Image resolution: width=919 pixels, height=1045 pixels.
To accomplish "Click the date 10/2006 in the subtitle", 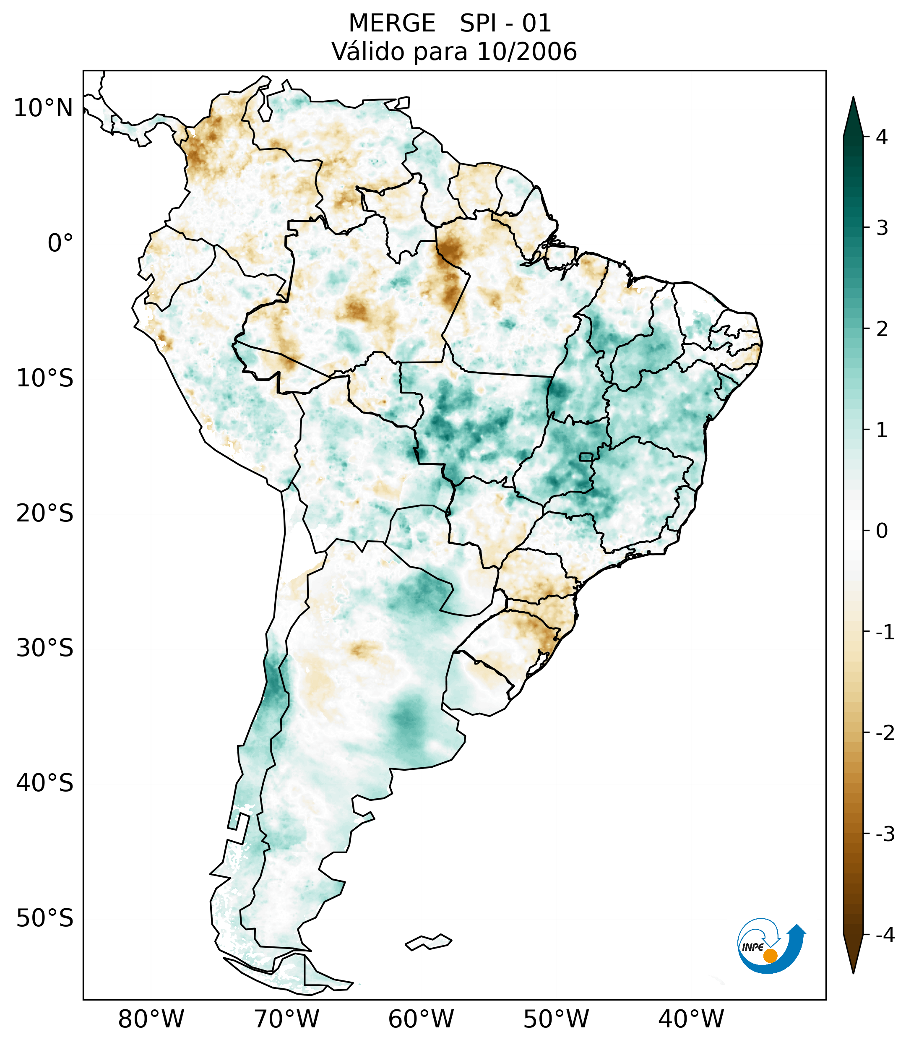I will (x=526, y=52).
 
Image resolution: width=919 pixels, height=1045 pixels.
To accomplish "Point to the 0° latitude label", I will (x=60, y=243).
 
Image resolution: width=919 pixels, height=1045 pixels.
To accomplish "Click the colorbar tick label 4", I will (x=882, y=137).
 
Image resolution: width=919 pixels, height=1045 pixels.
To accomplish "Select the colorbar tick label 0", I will (x=882, y=531).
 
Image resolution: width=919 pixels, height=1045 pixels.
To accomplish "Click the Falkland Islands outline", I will (x=428, y=942).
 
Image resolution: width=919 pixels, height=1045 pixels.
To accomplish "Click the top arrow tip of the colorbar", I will (x=853, y=98).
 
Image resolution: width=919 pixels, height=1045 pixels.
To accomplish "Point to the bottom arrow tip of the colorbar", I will (x=853, y=972).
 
